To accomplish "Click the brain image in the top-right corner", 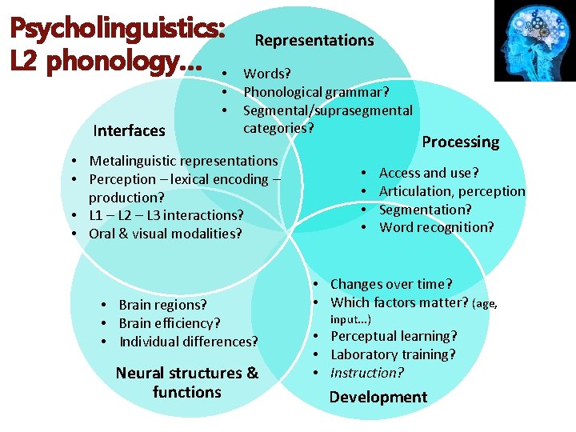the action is pos(534,41).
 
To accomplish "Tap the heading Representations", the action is pos(314,40).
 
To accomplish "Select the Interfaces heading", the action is pos(129,130).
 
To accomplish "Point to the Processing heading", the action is pos(460,142).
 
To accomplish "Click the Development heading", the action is pos(378,397).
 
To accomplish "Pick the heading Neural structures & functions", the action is pos(187,382).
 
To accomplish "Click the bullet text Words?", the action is pos(268,74).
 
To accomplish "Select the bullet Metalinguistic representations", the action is pos(183,161).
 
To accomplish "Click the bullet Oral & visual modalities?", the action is pos(165,234).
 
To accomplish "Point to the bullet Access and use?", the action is pos(429,173).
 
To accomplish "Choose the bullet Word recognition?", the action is pos(436,227).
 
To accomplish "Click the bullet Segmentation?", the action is pos(425,210).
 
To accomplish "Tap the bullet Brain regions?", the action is pos(162,305).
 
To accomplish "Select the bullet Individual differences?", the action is pos(189,342).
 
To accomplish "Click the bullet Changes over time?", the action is pos(391,284).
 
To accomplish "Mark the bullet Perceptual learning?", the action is pos(394,336).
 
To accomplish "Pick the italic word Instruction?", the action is pos(367,373).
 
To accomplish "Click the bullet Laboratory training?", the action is pos(393,354).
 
